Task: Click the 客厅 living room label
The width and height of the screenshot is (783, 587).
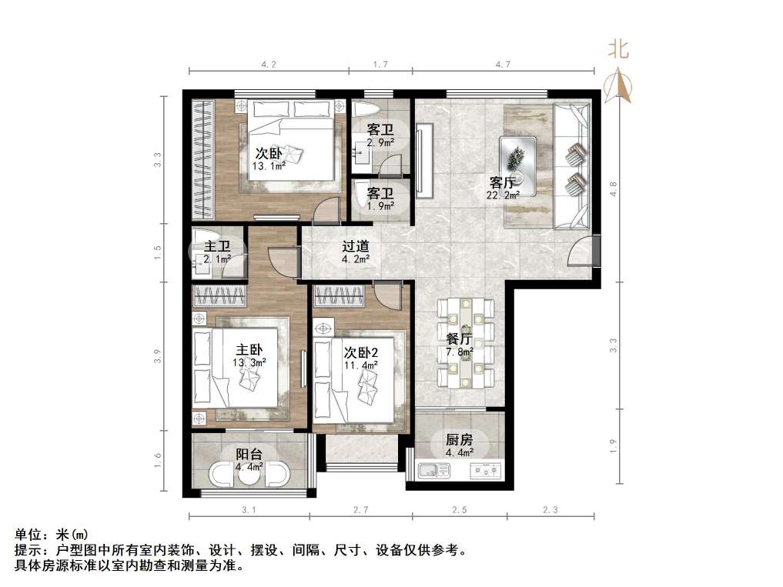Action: pos(503,183)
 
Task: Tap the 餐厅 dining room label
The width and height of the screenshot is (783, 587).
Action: pos(459,339)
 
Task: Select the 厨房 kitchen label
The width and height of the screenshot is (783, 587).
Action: pos(459,440)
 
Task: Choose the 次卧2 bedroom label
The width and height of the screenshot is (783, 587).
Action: pos(360,352)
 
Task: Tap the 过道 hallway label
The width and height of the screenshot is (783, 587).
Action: pos(355,247)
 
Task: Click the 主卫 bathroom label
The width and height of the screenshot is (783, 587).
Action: pos(218,247)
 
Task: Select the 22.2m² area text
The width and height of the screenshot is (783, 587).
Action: pos(503,195)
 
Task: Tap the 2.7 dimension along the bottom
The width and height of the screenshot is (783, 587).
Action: pos(362,509)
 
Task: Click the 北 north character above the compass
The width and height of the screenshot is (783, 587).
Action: pos(619,51)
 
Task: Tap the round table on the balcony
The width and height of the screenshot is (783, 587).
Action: pos(249,475)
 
